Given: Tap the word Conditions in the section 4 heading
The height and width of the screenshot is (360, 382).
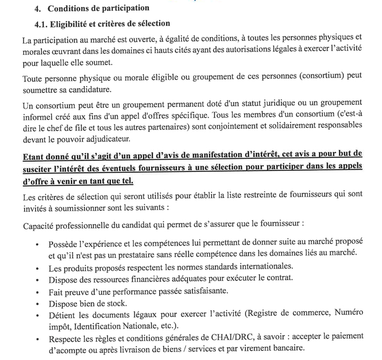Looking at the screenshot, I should click(x=71, y=9).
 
